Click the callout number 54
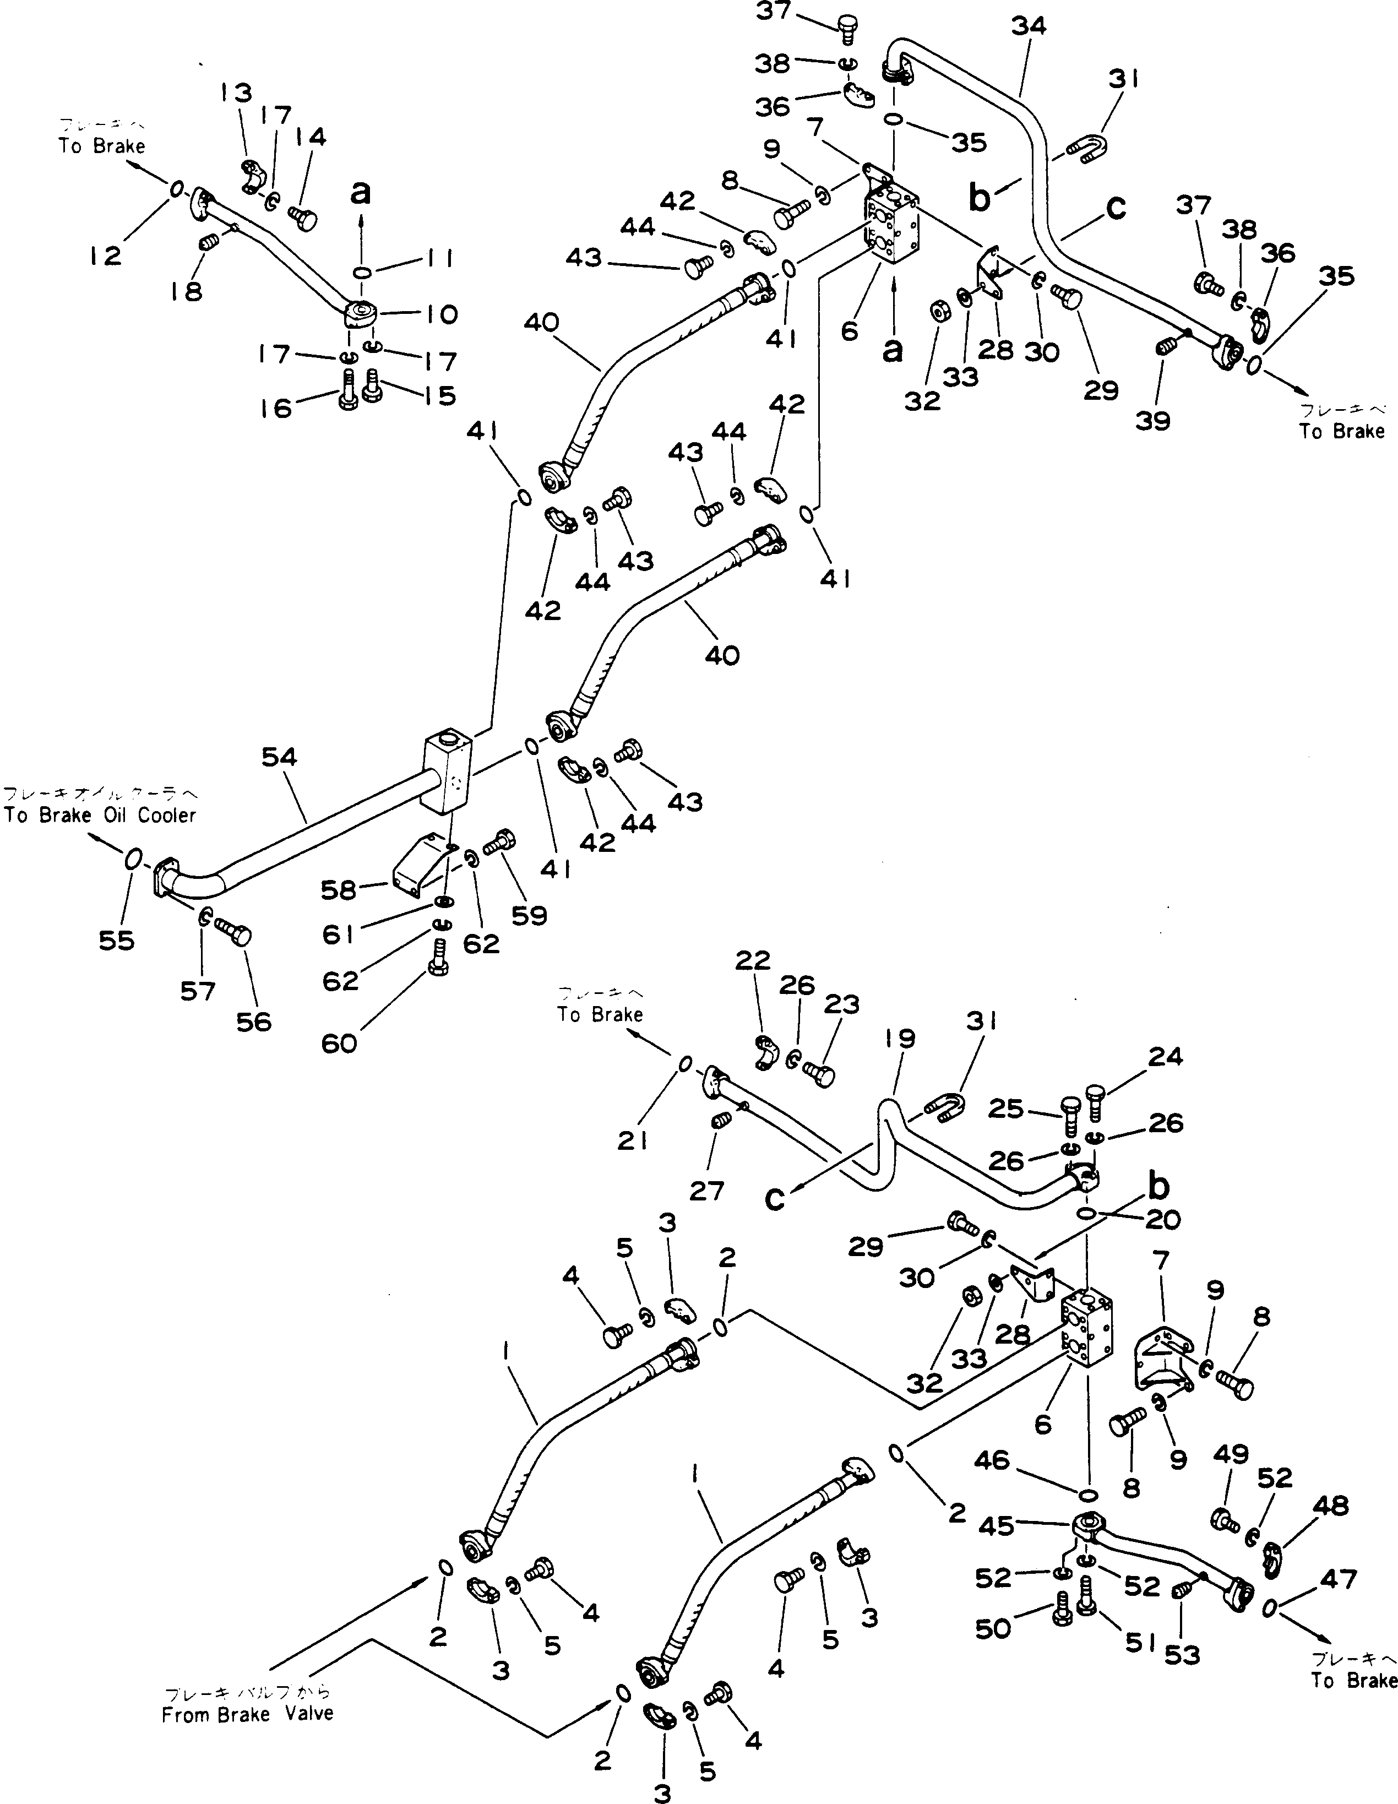[279, 757]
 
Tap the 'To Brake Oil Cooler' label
[100, 815]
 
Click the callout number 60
[339, 1043]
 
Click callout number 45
[996, 1525]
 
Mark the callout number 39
[1153, 421]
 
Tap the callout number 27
[708, 1191]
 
